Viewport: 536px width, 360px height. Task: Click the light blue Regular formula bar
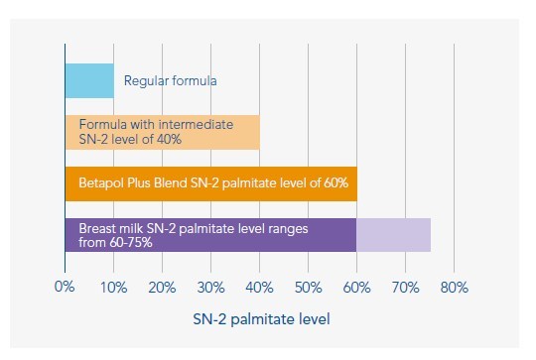pyautogui.click(x=89, y=80)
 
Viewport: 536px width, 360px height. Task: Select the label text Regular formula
pyautogui.click(x=171, y=81)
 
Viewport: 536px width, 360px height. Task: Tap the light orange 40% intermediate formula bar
pyautogui.click(x=163, y=132)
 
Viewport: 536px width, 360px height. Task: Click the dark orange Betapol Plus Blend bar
pyautogui.click(x=211, y=183)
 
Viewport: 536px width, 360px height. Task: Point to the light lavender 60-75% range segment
pyautogui.click(x=393, y=235)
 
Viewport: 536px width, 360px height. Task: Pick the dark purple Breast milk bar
pyautogui.click(x=210, y=235)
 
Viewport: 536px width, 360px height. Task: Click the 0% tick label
pyautogui.click(x=65, y=287)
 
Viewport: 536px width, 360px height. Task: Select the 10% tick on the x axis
pyautogui.click(x=113, y=288)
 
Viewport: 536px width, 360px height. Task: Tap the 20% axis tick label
pyautogui.click(x=162, y=288)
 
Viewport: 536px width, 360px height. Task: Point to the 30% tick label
pyautogui.click(x=210, y=288)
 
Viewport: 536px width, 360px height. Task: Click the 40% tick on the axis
pyautogui.click(x=259, y=288)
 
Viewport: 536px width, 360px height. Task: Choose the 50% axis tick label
pyautogui.click(x=309, y=288)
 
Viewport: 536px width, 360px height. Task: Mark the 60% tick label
pyautogui.click(x=357, y=288)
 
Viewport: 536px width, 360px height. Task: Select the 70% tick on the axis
pyautogui.click(x=405, y=288)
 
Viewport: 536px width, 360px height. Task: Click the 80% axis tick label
pyautogui.click(x=455, y=288)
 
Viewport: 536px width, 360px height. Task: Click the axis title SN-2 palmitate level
pyautogui.click(x=261, y=319)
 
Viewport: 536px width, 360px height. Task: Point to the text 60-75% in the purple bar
pyautogui.click(x=131, y=243)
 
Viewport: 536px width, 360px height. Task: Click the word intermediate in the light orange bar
pyautogui.click(x=196, y=124)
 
